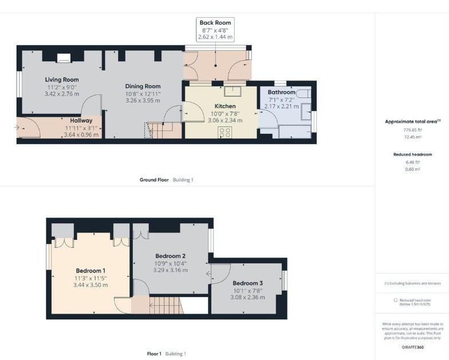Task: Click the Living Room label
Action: [x=62, y=80]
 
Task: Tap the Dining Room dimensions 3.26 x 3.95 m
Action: [x=143, y=100]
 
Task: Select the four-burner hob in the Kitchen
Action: [x=225, y=132]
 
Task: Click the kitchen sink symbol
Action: [x=233, y=90]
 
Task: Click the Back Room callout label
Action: [x=215, y=23]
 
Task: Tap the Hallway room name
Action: [x=81, y=121]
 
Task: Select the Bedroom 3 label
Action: [x=248, y=283]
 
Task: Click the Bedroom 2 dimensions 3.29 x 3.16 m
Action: [x=170, y=270]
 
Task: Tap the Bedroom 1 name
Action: [x=90, y=270]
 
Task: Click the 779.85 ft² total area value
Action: [x=412, y=130]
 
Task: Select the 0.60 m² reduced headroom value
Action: [x=412, y=169]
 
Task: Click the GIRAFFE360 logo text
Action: [x=412, y=347]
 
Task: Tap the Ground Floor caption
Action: [x=154, y=180]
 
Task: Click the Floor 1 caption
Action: [x=154, y=354]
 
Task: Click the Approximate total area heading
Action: [x=412, y=121]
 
